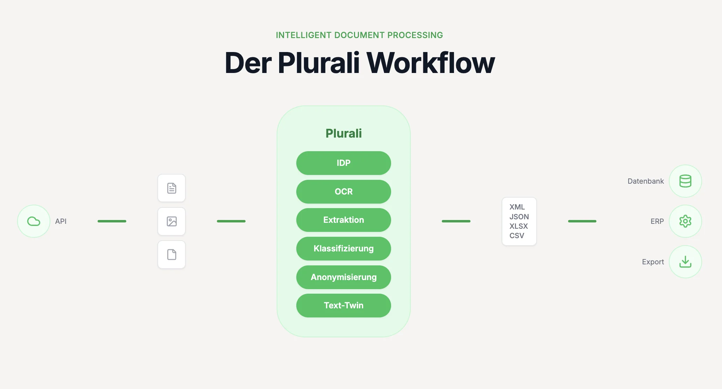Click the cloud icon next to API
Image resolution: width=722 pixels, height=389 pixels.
tap(34, 221)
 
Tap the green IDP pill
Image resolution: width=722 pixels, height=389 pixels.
tap(344, 163)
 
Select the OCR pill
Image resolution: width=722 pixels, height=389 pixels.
tap(344, 192)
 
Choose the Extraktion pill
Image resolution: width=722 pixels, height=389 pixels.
tap(344, 220)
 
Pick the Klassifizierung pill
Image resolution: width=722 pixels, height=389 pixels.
tap(344, 249)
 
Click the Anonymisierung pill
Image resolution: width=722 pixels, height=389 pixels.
tap(344, 277)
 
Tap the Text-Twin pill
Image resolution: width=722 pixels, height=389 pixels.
tap(344, 306)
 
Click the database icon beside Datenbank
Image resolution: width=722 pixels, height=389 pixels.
tap(685, 181)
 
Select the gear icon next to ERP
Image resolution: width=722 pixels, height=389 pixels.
tap(685, 221)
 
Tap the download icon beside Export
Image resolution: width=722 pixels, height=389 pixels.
tap(685, 262)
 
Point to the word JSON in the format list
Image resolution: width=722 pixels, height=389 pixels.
tap(519, 216)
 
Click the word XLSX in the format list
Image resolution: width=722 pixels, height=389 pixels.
tap(518, 226)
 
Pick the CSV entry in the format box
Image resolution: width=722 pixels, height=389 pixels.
tap(517, 236)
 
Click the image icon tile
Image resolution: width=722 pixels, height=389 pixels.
tap(171, 221)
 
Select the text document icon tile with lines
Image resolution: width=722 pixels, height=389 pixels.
tap(171, 188)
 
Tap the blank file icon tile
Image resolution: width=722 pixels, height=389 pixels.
tap(171, 255)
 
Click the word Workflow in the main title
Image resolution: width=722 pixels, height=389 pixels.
tap(430, 63)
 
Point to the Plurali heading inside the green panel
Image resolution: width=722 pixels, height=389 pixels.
tap(344, 133)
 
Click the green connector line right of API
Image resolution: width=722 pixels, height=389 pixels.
tap(112, 221)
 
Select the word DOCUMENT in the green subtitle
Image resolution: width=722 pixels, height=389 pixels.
tap(359, 35)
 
